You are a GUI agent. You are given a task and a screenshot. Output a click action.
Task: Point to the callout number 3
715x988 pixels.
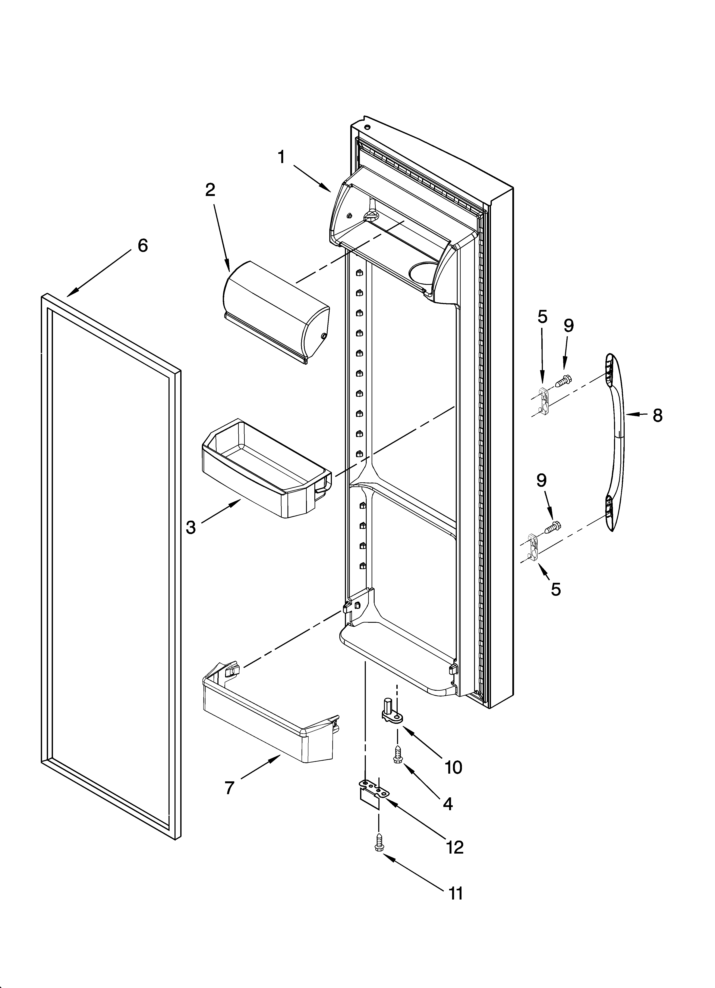(191, 527)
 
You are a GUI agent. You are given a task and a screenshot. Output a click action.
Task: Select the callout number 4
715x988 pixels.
(448, 804)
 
